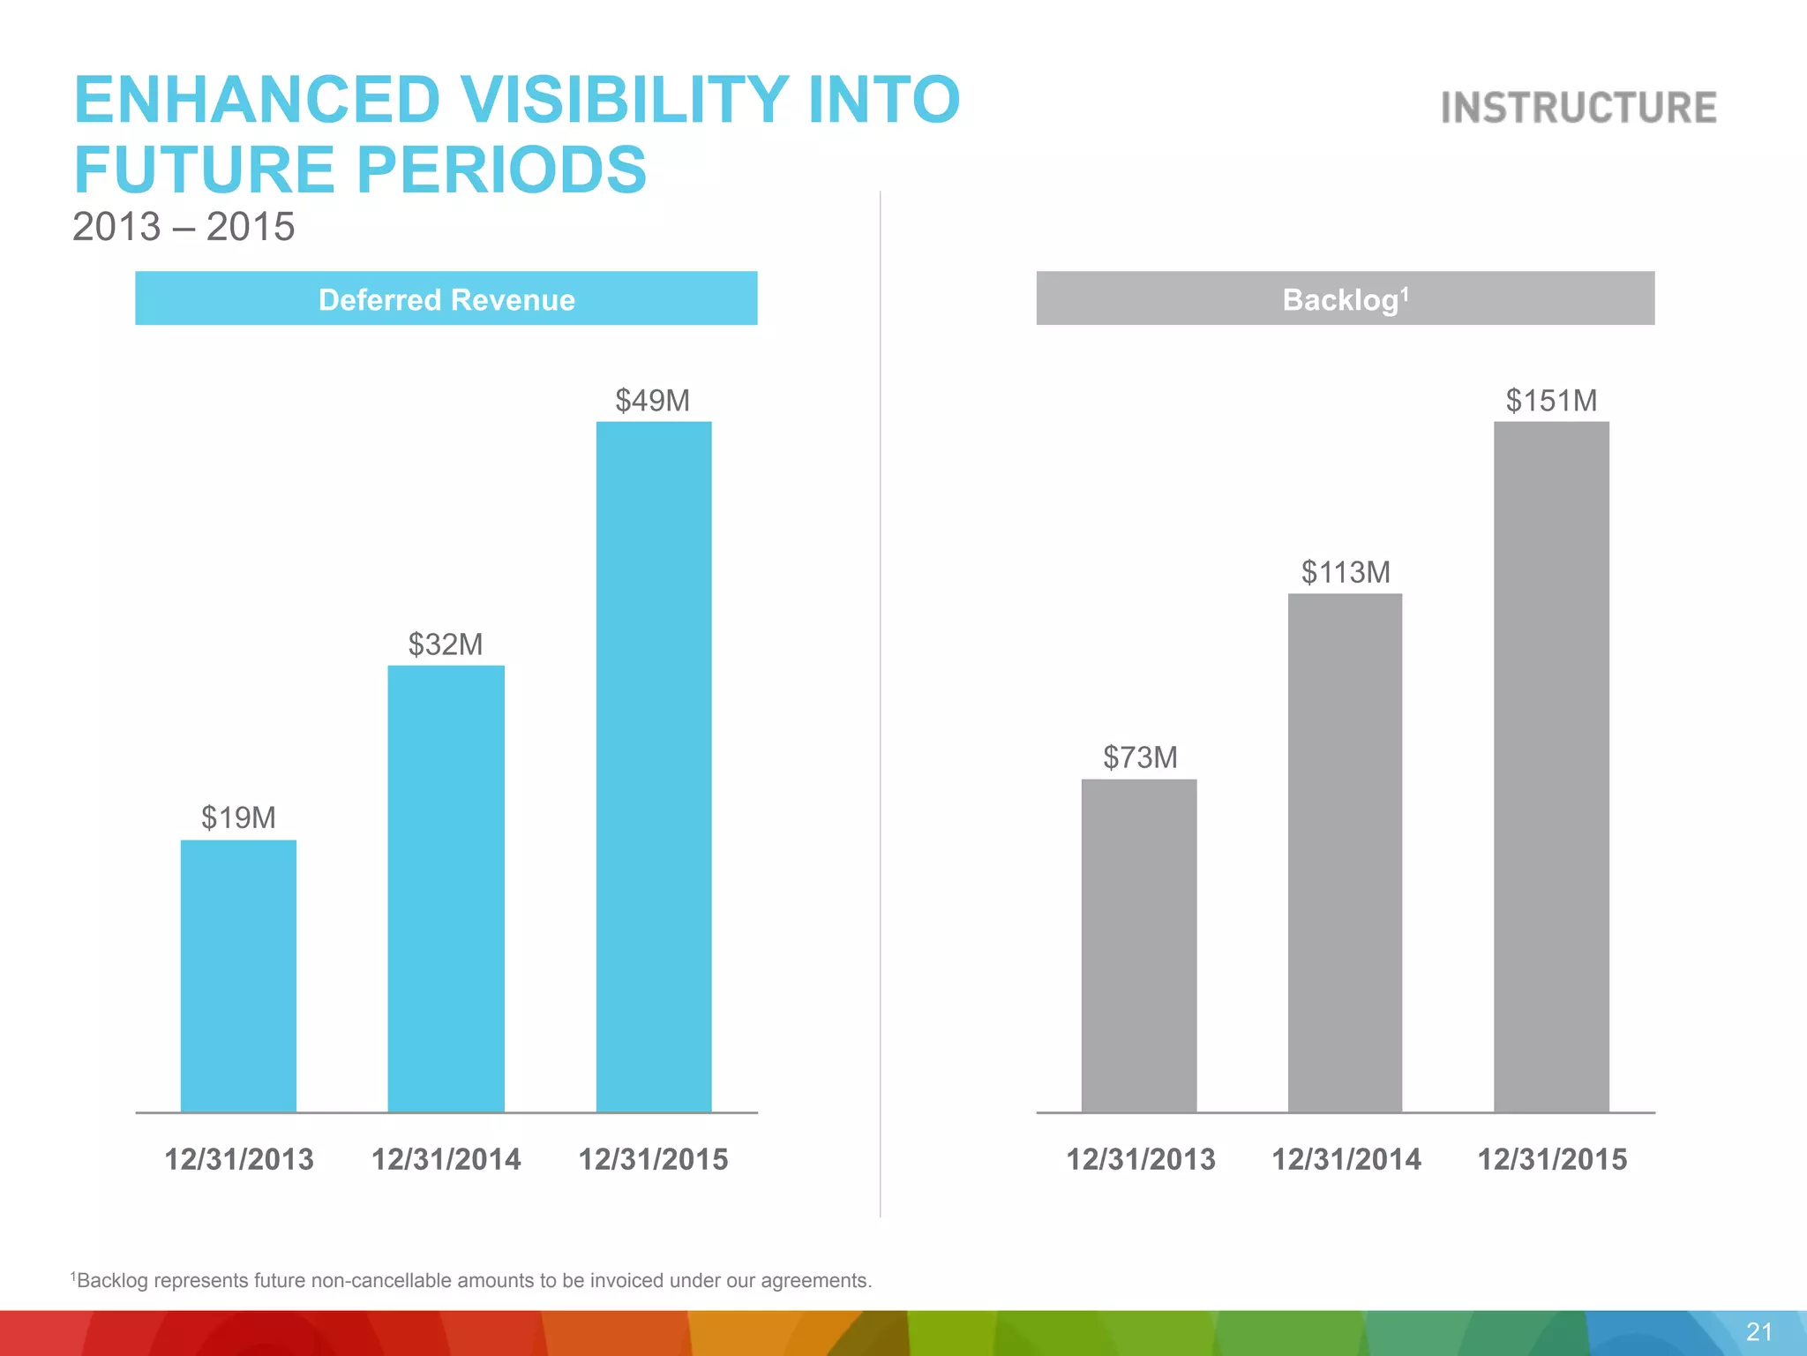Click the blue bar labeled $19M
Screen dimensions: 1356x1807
[x=238, y=976]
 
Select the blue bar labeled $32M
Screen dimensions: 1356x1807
[x=446, y=887]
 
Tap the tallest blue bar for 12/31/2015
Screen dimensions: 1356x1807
[x=654, y=766]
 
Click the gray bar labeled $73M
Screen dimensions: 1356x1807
[x=1139, y=945]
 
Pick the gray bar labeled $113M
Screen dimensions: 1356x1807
[x=1345, y=852]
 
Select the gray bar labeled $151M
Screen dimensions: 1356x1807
[x=1551, y=766]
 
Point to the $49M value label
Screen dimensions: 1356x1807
[x=653, y=401]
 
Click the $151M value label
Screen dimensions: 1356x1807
[x=1551, y=401]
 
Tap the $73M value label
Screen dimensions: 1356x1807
[x=1140, y=757]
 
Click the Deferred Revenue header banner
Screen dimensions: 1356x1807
[x=446, y=299]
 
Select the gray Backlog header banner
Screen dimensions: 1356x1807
[x=1345, y=299]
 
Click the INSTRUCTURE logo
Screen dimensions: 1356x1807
[x=1578, y=108]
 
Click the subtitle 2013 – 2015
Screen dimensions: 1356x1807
[x=184, y=227]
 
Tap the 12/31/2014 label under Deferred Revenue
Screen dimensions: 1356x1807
[x=446, y=1159]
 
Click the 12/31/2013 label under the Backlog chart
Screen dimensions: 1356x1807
[x=1140, y=1159]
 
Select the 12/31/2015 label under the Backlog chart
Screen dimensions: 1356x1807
[x=1552, y=1159]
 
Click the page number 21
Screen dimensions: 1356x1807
[x=1758, y=1331]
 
